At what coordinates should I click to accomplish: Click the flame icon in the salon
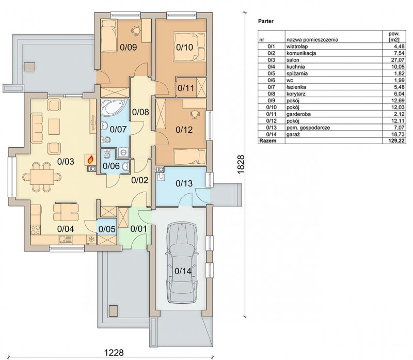pos(90,159)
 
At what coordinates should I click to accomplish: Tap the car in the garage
pos(182,263)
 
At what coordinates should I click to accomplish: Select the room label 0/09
pos(128,48)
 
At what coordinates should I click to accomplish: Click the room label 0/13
pos(184,183)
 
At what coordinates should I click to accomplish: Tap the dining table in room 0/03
pos(42,177)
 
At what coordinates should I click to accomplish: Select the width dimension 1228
pos(114,353)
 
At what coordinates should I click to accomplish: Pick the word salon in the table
pos(293,60)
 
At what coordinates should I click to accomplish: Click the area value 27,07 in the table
pos(398,60)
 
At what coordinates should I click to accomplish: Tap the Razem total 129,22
pos(397,140)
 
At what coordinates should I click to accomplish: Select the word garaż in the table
pos(293,134)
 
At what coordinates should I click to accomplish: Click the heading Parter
pos(266,21)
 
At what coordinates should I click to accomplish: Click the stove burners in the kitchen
pos(36,229)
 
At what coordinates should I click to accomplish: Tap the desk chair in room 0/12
pos(195,114)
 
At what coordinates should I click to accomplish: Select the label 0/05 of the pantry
pos(107,229)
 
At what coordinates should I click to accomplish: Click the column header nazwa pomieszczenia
pos(312,40)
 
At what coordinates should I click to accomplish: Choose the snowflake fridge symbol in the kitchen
pos(91,239)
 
